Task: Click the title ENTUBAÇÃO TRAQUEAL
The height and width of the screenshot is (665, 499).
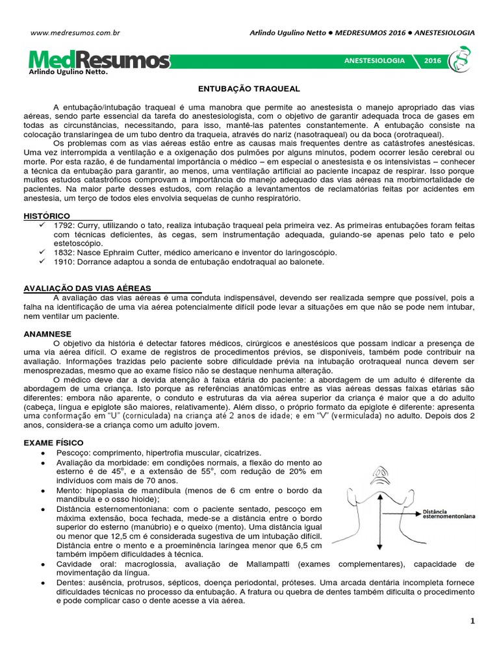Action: point(249,88)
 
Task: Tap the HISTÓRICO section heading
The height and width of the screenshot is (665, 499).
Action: point(47,215)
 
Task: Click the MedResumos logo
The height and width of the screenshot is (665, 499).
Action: point(99,60)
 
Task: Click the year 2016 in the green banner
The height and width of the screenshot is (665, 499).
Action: point(432,60)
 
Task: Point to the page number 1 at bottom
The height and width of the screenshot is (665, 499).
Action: point(472,621)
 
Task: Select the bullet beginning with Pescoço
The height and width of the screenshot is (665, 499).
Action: point(149,452)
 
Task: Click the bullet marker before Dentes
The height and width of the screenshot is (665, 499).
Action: point(43,583)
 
